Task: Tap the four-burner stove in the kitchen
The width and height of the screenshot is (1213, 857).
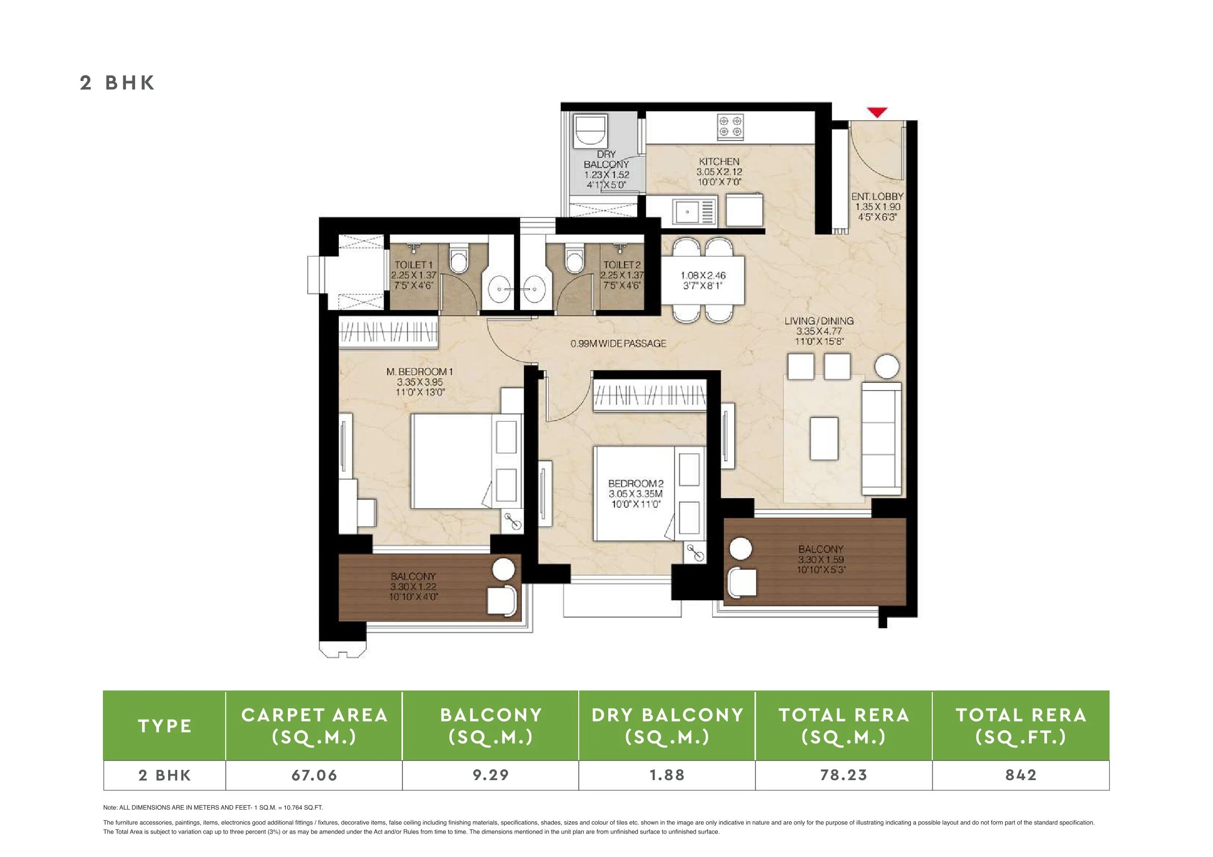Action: [x=730, y=127]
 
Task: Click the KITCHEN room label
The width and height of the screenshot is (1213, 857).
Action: [x=719, y=161]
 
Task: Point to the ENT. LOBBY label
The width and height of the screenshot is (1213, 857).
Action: [x=877, y=197]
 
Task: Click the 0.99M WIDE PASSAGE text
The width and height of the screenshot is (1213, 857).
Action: [x=618, y=343]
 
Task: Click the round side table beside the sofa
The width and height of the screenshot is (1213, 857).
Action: [x=886, y=367]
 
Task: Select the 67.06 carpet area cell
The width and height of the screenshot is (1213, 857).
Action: [x=314, y=775]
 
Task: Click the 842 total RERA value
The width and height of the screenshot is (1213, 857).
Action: [x=1021, y=775]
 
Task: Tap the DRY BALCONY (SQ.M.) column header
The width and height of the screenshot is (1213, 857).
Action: [x=667, y=726]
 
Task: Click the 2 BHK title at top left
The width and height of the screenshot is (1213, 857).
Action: [x=117, y=83]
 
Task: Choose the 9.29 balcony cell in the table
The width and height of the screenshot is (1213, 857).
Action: [x=490, y=775]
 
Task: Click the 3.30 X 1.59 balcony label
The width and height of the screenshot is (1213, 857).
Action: [x=820, y=560]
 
